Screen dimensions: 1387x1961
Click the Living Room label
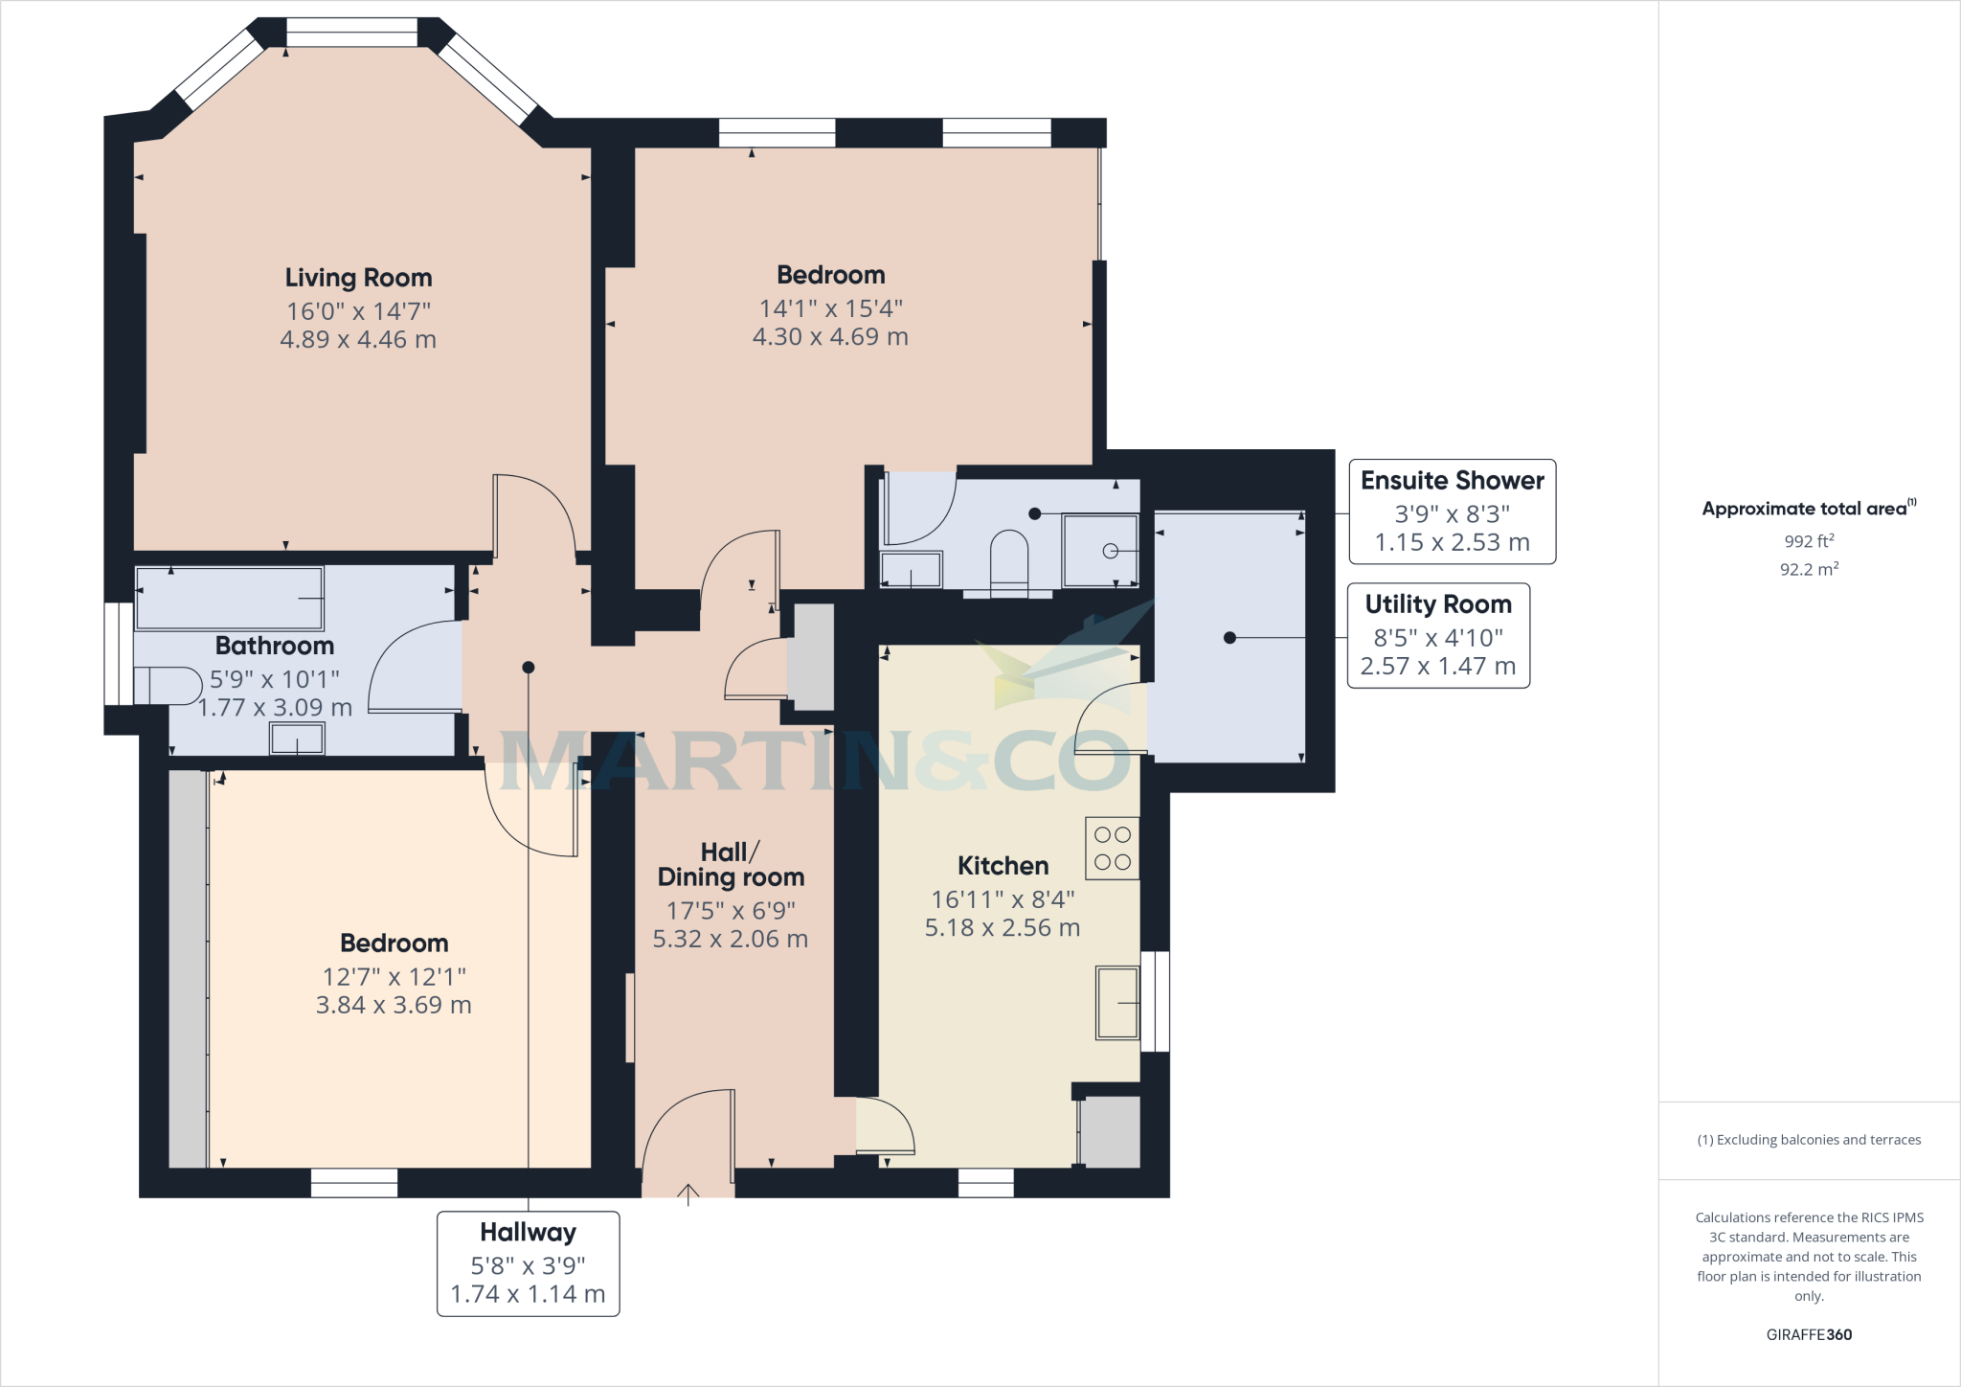click(x=358, y=278)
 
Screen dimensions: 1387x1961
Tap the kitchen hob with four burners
click(x=1112, y=848)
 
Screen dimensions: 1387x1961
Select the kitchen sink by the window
click(x=1116, y=1003)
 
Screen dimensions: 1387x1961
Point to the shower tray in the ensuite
click(x=1101, y=551)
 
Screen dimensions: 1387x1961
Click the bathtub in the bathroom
click(x=230, y=598)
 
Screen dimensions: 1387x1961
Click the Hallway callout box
click(x=528, y=1263)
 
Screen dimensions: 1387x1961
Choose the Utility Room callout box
click(x=1437, y=635)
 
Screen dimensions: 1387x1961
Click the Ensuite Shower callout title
click(x=1452, y=481)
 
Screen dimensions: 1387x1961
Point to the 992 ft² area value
click(x=1809, y=541)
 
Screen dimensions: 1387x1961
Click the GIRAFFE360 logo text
click(x=1808, y=1334)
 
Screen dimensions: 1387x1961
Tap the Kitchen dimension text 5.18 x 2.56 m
click(x=1002, y=927)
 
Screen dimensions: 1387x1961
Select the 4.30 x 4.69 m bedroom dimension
click(x=830, y=336)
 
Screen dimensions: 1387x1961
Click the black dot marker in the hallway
click(x=528, y=667)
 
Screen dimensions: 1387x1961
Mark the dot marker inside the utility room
click(x=1229, y=637)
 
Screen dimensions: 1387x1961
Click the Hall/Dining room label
click(x=731, y=865)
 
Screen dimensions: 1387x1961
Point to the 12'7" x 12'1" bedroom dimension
click(x=394, y=976)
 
